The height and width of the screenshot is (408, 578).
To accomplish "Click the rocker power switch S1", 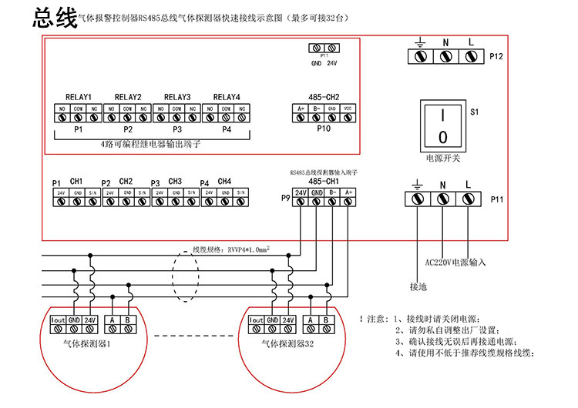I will (x=443, y=125).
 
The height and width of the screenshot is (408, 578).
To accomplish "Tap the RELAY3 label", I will (x=177, y=97).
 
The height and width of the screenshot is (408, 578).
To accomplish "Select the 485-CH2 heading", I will (x=324, y=97).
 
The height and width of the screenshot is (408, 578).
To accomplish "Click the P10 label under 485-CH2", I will (x=324, y=129).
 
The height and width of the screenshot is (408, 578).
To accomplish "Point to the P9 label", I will (x=285, y=199).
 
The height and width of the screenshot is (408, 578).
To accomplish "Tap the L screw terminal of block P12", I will (x=469, y=56).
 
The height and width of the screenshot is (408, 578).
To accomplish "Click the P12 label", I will (x=496, y=56).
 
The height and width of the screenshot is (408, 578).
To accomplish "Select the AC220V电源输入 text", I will (x=455, y=262).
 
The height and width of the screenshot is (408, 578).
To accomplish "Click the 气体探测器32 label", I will (x=287, y=344).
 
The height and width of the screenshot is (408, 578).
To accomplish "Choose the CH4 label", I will (x=224, y=181).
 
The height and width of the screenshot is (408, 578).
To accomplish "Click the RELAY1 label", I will (x=79, y=97).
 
